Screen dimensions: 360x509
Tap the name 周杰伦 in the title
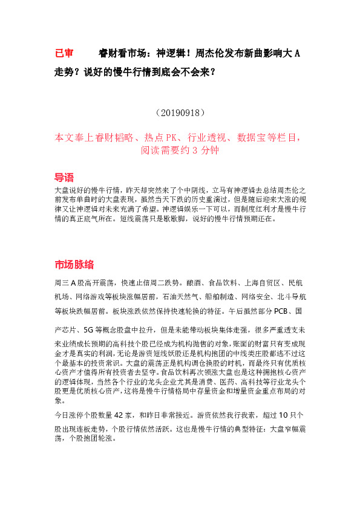[x=209, y=54]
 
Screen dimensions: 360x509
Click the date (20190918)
[x=180, y=113]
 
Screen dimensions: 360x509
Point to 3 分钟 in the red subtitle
[x=204, y=151]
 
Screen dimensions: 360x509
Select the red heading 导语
[x=64, y=177]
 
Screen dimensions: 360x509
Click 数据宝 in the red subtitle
[x=252, y=138]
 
